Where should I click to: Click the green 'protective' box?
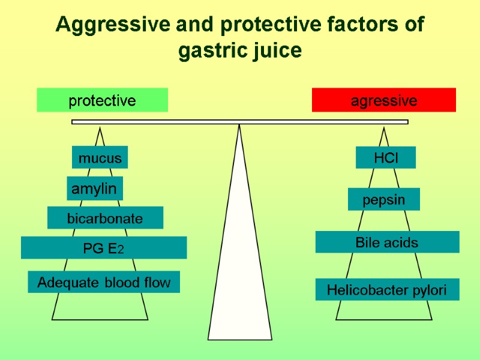pyautogui.click(x=102, y=100)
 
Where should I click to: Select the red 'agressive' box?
pyautogui.click(x=384, y=100)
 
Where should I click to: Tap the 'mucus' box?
pyautogui.click(x=100, y=158)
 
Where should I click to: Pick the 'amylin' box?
pyautogui.click(x=94, y=188)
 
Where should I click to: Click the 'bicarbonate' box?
pyautogui.click(x=105, y=218)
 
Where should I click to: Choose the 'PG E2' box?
pyautogui.click(x=104, y=248)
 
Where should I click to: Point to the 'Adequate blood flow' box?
pyautogui.click(x=104, y=282)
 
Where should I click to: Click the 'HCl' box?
pyautogui.click(x=386, y=158)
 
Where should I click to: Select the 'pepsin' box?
pyautogui.click(x=384, y=200)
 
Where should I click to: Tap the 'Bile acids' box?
pyautogui.click(x=387, y=242)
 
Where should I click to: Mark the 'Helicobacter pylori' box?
pyautogui.click(x=387, y=290)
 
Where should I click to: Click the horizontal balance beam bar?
pyautogui.click(x=240, y=122)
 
